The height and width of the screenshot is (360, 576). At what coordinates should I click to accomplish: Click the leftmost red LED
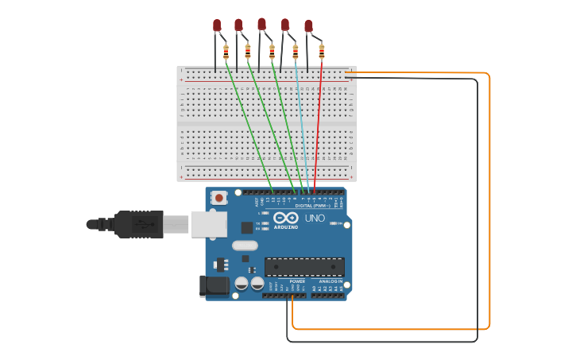[217, 25]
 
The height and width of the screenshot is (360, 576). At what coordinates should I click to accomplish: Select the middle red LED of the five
[261, 24]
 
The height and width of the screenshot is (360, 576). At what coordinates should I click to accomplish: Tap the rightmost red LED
[308, 26]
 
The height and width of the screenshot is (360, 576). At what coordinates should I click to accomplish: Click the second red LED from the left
[238, 25]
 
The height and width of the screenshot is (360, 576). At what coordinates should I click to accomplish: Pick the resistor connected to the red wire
[321, 52]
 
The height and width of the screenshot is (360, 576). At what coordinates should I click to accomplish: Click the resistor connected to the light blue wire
[296, 52]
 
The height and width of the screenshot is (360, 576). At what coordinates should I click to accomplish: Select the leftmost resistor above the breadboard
[226, 52]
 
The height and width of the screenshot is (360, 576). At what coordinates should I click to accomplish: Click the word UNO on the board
[315, 218]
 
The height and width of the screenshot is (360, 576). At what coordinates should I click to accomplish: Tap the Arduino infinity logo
[285, 218]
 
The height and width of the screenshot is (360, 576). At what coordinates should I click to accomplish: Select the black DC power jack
[212, 285]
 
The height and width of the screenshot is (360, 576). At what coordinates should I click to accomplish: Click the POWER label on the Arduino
[297, 281]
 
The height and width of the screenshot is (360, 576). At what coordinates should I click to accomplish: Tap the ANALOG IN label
[331, 281]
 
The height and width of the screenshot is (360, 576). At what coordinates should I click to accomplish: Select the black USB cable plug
[139, 224]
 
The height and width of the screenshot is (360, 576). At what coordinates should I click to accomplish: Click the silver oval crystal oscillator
[245, 246]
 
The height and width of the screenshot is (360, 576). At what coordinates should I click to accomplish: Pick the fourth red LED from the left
[284, 25]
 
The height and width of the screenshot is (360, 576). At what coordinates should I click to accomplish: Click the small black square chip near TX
[247, 227]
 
